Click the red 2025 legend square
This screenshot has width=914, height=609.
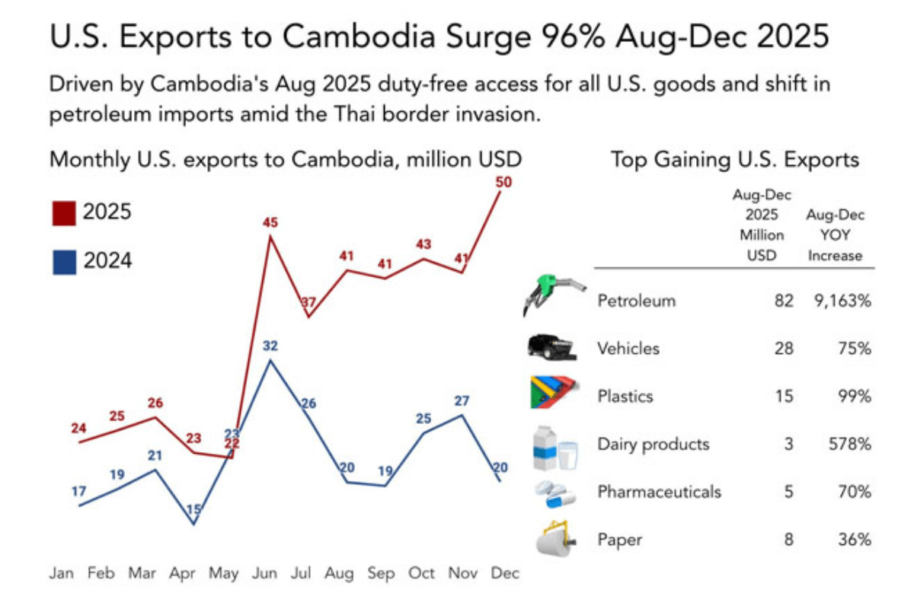tap(64, 213)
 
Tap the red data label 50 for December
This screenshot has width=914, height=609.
tap(503, 182)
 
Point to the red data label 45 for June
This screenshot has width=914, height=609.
tap(270, 223)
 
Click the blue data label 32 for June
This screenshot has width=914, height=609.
tap(270, 346)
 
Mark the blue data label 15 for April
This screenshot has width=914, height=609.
tap(193, 510)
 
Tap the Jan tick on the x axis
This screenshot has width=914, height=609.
tap(62, 573)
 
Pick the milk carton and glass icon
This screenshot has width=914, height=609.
tap(554, 448)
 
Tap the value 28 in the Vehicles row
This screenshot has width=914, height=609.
tap(783, 349)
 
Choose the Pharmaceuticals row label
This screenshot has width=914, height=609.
tap(659, 492)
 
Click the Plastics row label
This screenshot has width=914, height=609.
tap(625, 397)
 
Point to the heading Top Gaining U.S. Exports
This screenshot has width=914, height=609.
tap(734, 160)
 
